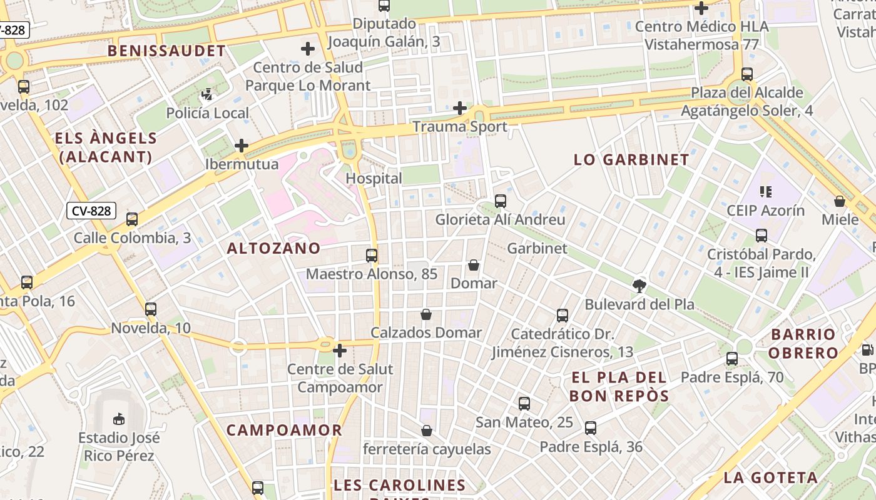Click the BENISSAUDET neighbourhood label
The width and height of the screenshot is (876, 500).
[x=166, y=51]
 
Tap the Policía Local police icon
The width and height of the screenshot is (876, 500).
[x=207, y=95]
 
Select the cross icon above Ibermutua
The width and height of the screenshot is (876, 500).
[x=242, y=146]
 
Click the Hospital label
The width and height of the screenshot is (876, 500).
[x=374, y=178]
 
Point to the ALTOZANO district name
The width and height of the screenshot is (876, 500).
[x=273, y=248]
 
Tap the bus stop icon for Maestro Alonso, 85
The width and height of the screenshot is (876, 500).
[x=372, y=256]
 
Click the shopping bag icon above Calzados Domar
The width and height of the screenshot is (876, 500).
[x=426, y=314]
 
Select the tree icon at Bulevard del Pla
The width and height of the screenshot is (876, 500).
[x=639, y=286]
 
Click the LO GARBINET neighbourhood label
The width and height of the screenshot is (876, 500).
[x=631, y=159]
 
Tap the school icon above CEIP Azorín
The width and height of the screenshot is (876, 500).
[x=765, y=192]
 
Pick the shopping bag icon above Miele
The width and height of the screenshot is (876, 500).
[x=840, y=201]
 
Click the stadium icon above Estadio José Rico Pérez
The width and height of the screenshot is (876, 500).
[x=118, y=419]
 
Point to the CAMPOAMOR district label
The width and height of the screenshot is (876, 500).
[x=284, y=430]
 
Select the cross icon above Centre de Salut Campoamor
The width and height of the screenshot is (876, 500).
[x=340, y=351]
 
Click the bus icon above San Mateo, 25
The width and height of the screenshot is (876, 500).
[x=524, y=404]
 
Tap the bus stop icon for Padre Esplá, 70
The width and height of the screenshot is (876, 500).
[x=732, y=359]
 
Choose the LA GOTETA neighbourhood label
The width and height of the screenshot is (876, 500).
[x=771, y=478]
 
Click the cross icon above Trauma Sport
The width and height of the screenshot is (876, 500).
[x=460, y=108]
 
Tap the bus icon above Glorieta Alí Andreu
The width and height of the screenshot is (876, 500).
[x=501, y=201]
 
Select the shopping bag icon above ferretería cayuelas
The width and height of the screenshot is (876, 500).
[x=427, y=431]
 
